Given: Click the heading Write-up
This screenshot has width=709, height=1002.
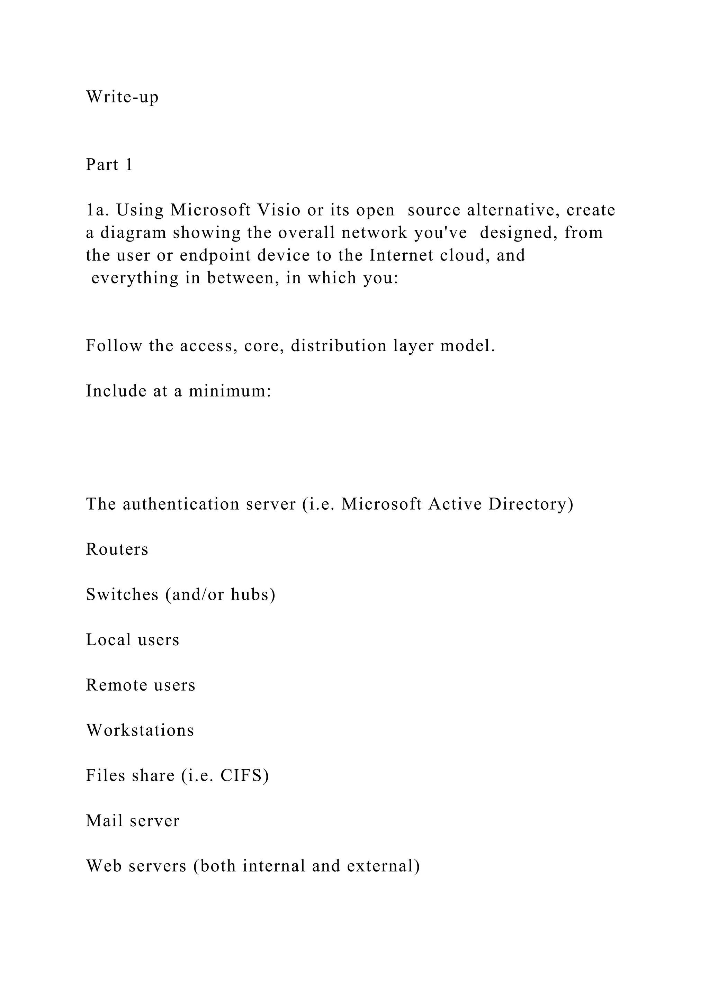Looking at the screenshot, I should click(x=122, y=97).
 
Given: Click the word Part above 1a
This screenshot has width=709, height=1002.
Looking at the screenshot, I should click(x=102, y=165).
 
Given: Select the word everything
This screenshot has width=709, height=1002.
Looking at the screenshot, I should click(x=135, y=278).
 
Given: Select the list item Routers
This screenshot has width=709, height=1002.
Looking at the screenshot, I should click(x=117, y=549).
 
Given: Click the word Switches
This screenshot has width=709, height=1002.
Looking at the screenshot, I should click(x=122, y=594).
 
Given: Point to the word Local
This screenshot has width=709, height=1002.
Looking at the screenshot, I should click(x=108, y=640).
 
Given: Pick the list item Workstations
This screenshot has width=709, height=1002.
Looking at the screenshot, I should click(x=140, y=730).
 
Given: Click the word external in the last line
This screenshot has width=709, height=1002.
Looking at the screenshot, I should click(x=380, y=866).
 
